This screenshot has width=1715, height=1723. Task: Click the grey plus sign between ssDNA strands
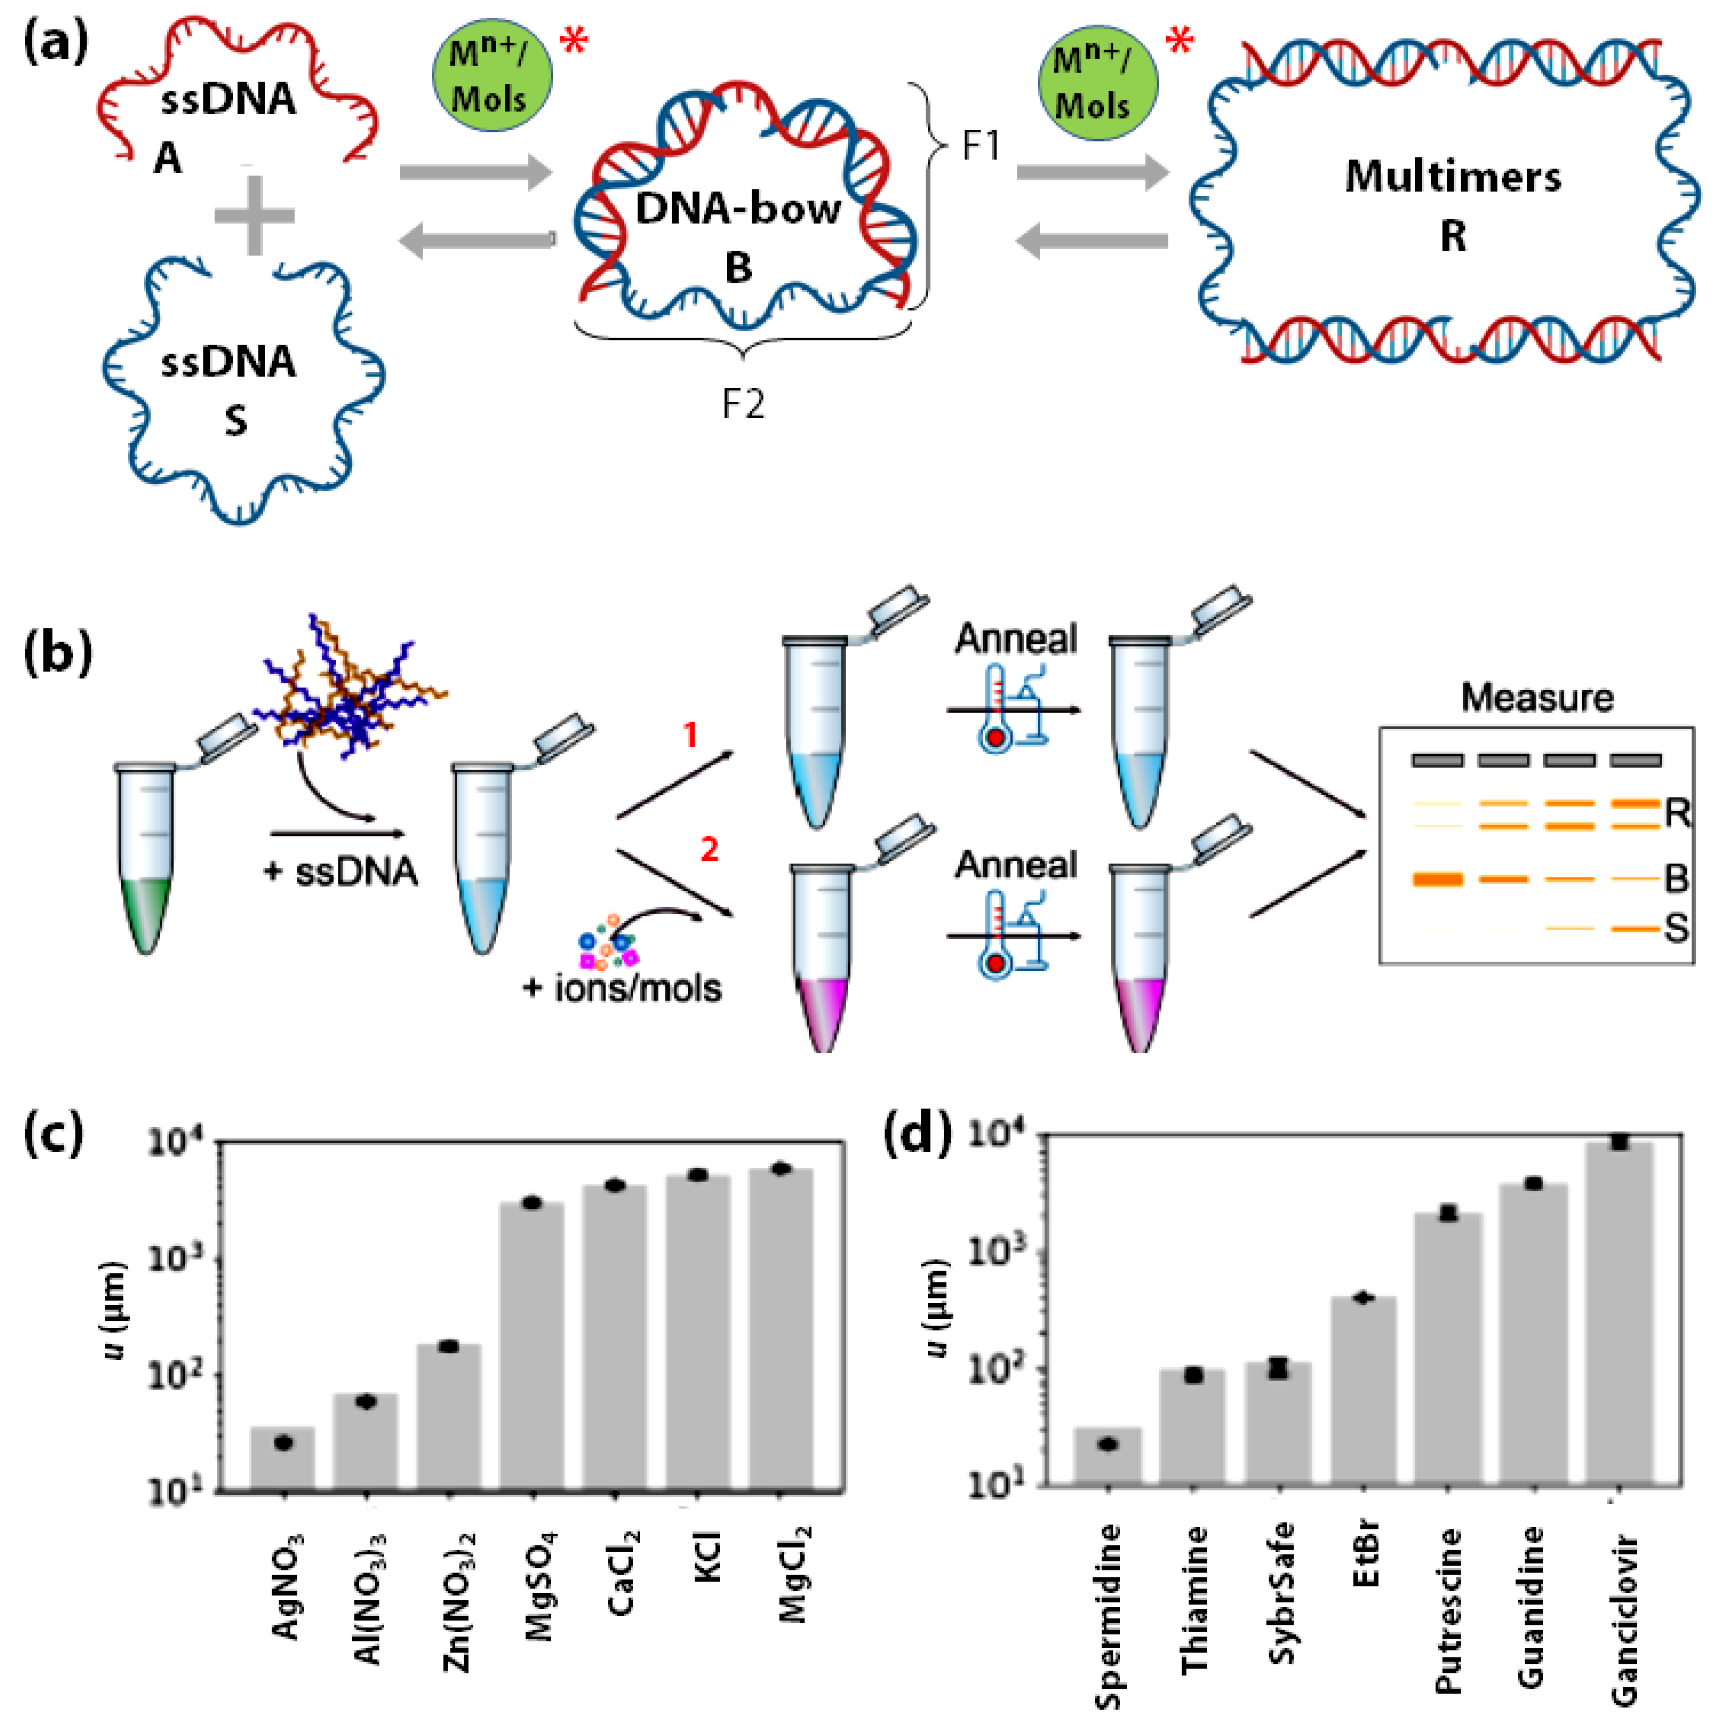click(x=254, y=215)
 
